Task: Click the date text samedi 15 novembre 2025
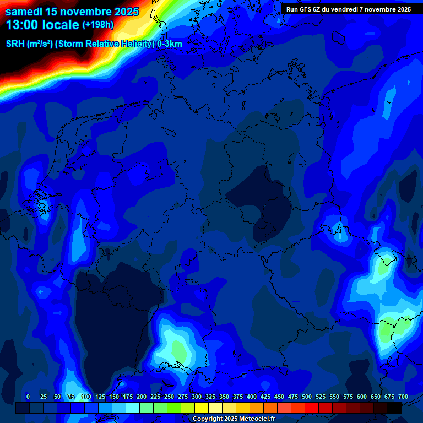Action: point(72,12)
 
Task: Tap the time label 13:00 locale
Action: point(42,25)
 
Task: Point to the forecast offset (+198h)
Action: point(98,25)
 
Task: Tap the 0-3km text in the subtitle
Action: point(170,44)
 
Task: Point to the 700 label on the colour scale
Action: point(403,397)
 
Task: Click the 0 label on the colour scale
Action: point(28,397)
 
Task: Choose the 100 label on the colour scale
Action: point(86,397)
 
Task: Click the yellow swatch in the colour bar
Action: point(202,408)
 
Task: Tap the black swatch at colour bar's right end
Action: point(394,408)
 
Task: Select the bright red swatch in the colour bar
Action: point(312,408)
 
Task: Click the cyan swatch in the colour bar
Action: point(133,408)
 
